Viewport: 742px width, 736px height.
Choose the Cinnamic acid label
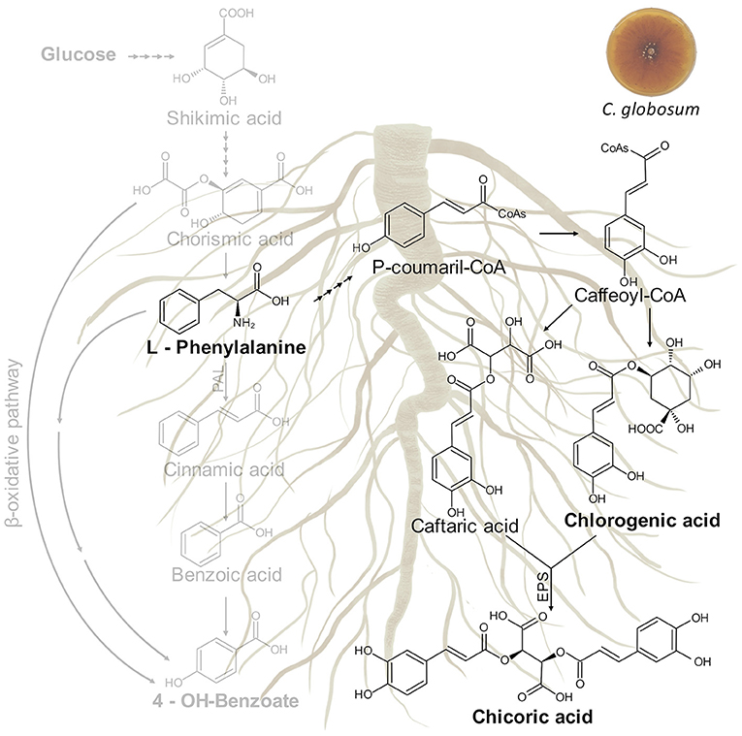(x=226, y=470)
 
